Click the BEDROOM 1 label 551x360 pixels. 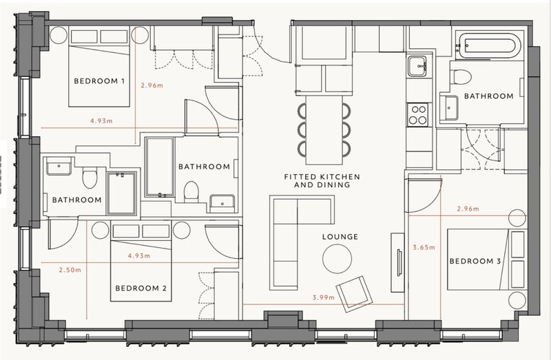click(x=99, y=81)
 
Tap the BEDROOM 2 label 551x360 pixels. click(x=141, y=288)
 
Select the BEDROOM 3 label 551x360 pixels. click(x=475, y=261)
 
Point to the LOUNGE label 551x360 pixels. click(x=340, y=237)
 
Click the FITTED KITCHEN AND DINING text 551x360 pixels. click(x=322, y=180)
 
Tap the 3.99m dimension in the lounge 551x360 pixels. click(x=324, y=297)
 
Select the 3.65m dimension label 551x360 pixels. click(x=424, y=247)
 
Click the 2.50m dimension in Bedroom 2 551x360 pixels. click(x=70, y=270)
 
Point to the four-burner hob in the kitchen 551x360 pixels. click(x=418, y=114)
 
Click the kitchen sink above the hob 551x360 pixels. click(x=417, y=66)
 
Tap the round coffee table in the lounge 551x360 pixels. click(x=337, y=259)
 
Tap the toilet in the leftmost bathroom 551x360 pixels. click(x=90, y=178)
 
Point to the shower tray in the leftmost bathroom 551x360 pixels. click(x=122, y=193)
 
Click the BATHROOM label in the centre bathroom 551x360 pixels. click(x=204, y=167)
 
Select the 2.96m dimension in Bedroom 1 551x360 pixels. click(x=152, y=85)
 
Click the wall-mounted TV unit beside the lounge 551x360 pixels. click(x=398, y=262)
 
